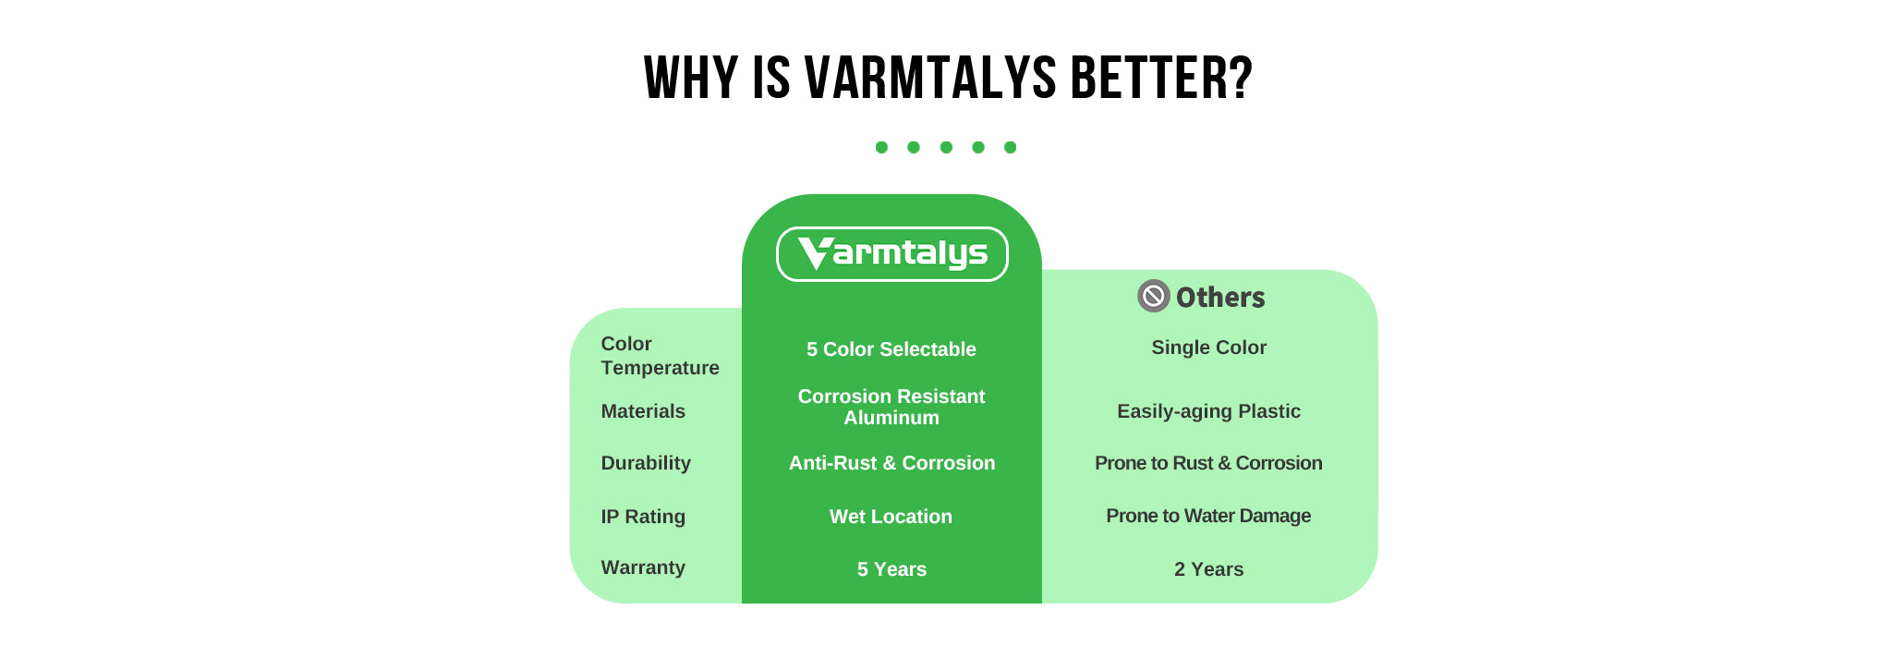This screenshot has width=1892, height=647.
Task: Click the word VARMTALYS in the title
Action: pos(930,78)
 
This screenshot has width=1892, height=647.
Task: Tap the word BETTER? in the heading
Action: pos(1161,78)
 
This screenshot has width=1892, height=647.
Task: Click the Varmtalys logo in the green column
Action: pos(891,254)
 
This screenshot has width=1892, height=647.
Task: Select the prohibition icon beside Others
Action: pos(1153,296)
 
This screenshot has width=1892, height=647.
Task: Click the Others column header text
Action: pos(1220,297)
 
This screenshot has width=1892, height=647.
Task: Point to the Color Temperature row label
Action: pos(660,356)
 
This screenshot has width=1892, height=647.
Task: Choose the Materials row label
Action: pos(643,411)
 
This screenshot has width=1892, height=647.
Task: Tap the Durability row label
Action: pos(646,463)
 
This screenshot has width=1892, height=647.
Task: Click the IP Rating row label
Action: pos(643,517)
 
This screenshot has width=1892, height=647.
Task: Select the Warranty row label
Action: pos(643,568)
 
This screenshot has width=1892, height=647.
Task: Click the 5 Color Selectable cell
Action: pos(891,349)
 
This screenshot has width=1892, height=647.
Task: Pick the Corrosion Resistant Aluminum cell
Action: pos(891,407)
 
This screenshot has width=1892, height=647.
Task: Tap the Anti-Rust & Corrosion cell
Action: pos(891,463)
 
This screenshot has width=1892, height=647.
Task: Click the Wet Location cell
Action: pos(891,517)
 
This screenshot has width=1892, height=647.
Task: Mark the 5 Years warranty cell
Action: pos(891,569)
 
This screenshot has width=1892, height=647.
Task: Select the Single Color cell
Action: pos(1208,348)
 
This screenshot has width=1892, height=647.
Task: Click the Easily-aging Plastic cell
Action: pos(1208,411)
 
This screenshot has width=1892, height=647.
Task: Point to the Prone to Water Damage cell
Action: pos(1208,516)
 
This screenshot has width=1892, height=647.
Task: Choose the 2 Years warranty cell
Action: pos(1208,569)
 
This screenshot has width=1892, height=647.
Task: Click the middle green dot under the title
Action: pos(946,147)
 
